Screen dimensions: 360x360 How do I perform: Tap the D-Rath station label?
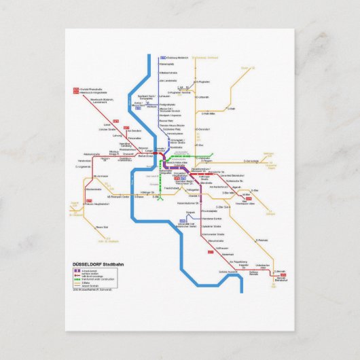click(x=231, y=108)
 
